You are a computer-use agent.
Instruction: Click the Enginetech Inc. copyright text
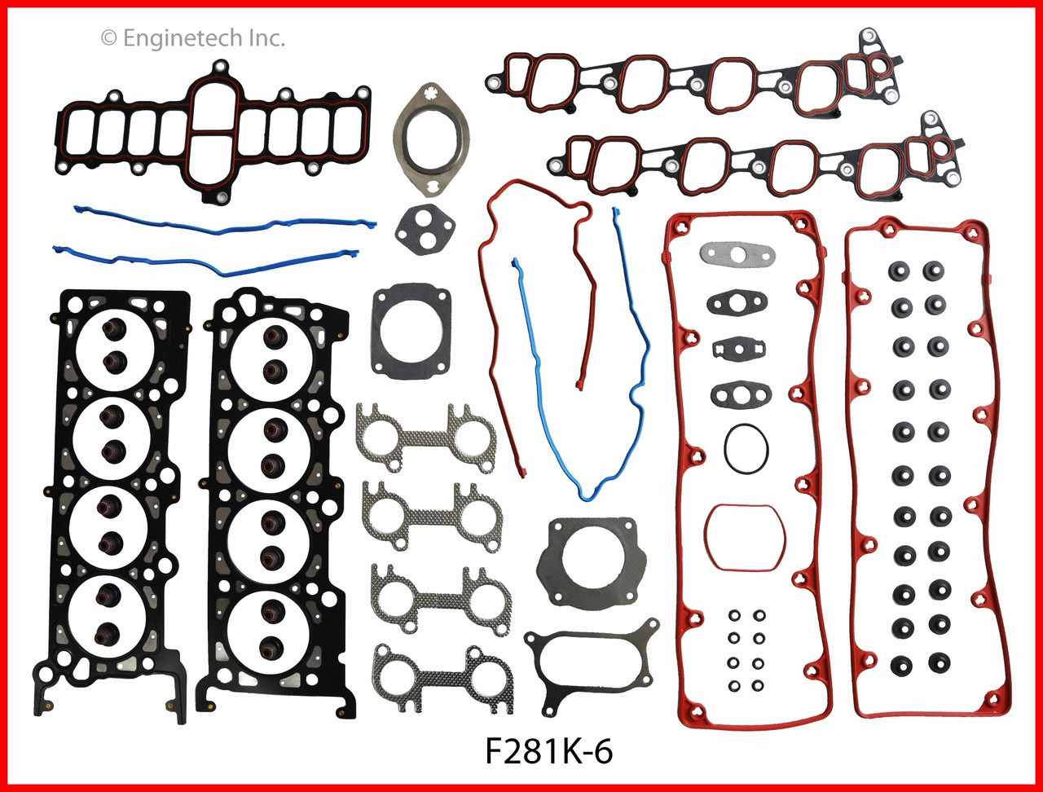(192, 37)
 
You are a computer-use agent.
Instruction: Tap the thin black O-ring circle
(745, 447)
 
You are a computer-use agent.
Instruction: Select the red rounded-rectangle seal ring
(745, 537)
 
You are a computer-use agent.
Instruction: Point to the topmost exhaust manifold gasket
(425, 438)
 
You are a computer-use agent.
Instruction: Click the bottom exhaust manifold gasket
(442, 679)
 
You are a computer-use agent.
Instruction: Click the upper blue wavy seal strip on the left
(224, 220)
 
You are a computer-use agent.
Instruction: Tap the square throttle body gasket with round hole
(411, 329)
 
